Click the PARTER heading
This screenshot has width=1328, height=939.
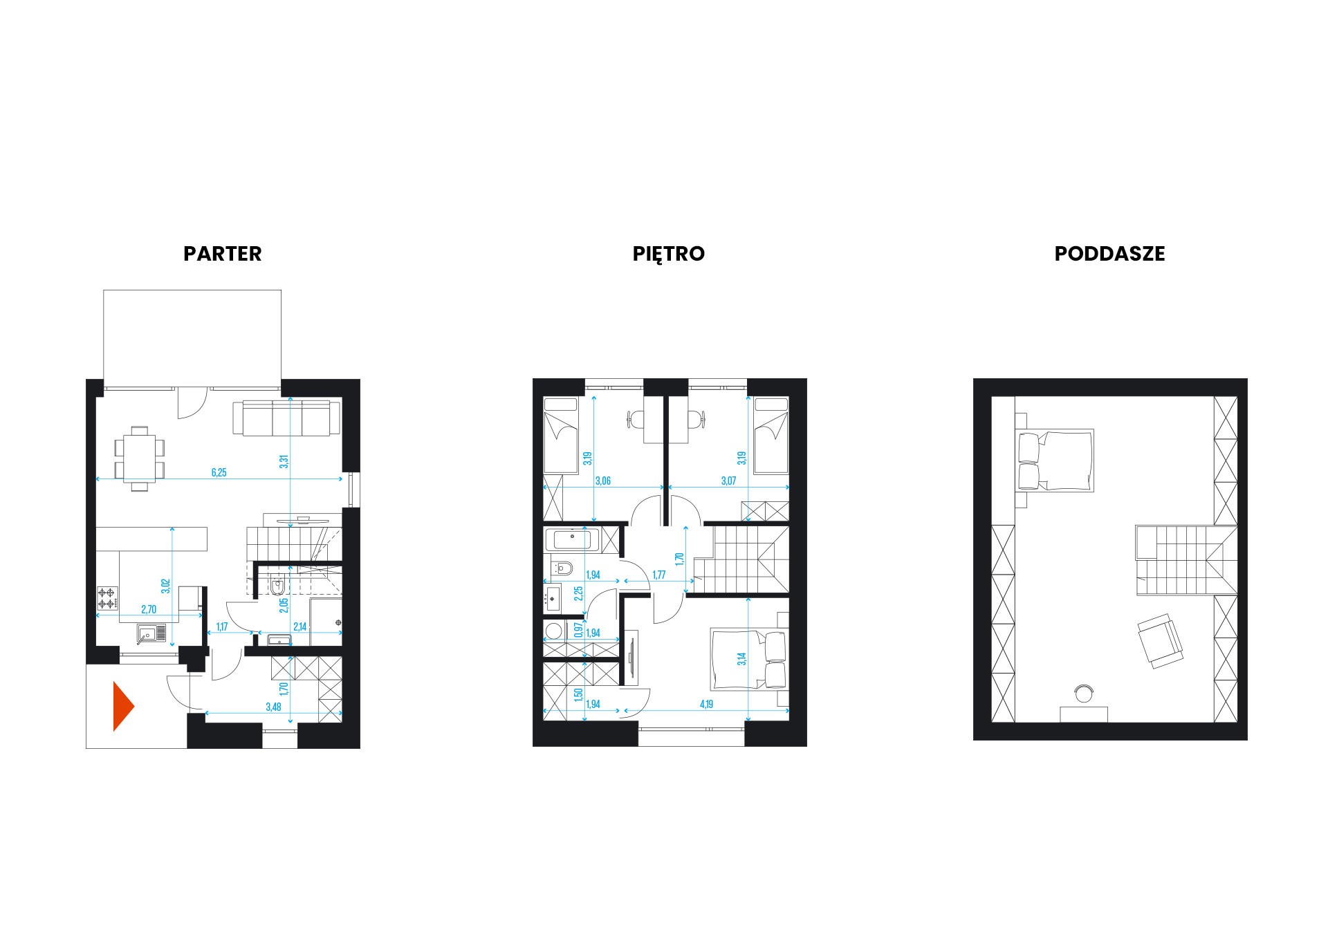coord(222,254)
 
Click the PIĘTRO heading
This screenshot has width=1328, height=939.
coord(668,254)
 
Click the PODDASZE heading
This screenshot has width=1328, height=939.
coord(1109,254)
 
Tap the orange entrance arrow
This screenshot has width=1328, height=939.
coord(124,706)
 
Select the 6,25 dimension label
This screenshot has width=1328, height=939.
coord(219,473)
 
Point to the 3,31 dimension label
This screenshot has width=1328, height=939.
coord(283,462)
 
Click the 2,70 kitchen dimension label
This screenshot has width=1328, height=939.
coord(149,609)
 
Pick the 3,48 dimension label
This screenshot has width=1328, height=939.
coord(273,707)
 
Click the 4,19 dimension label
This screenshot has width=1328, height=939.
coord(706,705)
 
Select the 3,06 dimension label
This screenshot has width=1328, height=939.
coord(603,481)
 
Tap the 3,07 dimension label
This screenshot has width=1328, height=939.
coord(728,481)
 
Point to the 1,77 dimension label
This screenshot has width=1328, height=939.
coord(659,575)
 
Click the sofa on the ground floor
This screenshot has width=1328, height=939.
coord(286,418)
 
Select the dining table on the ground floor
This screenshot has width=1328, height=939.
coord(140,458)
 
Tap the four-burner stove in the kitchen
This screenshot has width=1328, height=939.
coord(107,598)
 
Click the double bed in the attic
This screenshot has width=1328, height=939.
coord(1055,460)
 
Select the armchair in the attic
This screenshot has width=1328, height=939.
coord(1160,641)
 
